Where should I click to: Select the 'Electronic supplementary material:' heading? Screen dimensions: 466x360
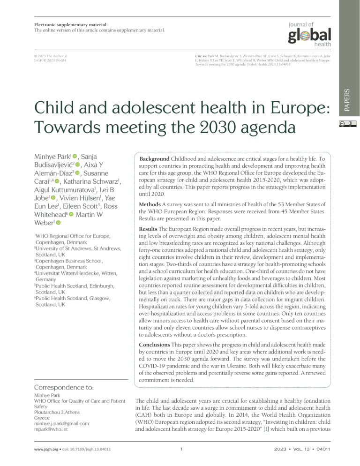pos(71,24)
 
